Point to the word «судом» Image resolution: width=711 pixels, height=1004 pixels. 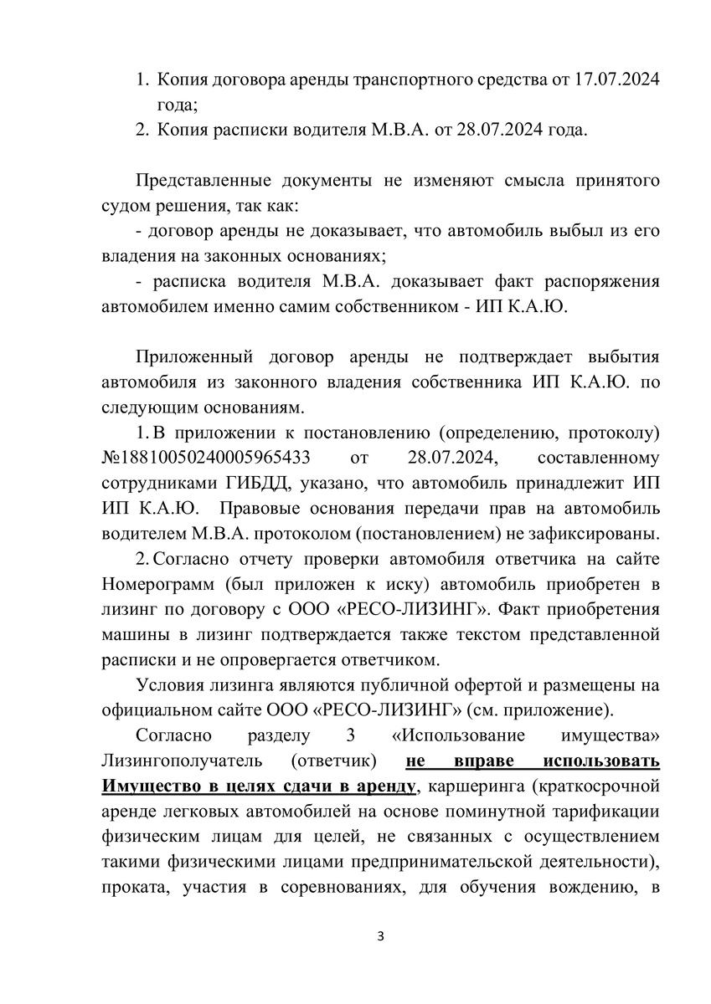(x=127, y=205)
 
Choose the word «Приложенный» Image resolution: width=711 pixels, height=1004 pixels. (x=194, y=357)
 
